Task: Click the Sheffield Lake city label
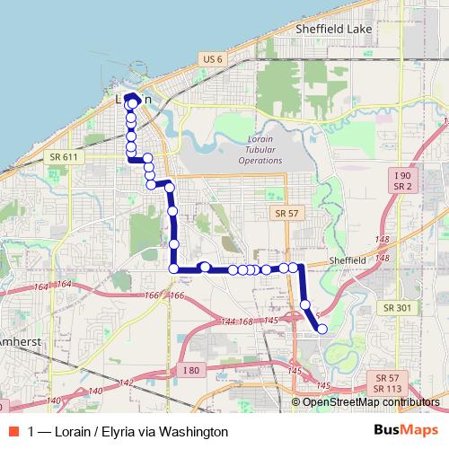334,29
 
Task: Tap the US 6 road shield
212,58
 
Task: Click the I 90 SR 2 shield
401,179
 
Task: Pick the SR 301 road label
396,307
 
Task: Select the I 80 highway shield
190,370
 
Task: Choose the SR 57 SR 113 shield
388,383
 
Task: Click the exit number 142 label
126,383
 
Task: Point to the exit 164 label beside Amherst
40,286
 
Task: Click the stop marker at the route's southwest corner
173,268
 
